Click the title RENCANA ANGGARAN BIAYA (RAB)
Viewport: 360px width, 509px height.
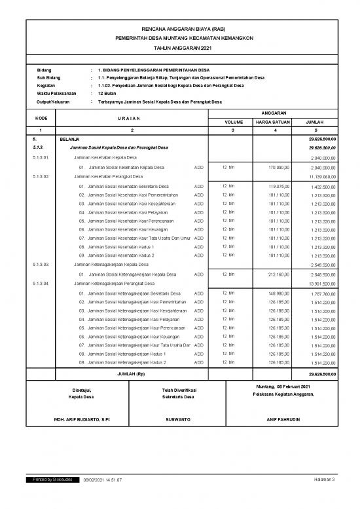click(179, 29)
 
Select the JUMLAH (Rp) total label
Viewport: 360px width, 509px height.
click(131, 373)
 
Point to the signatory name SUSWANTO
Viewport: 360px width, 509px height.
click(178, 419)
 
